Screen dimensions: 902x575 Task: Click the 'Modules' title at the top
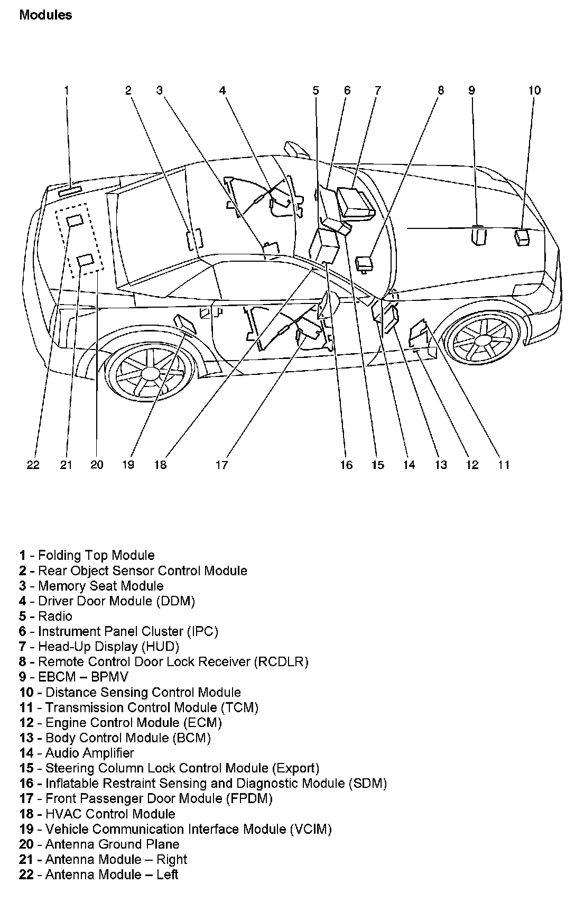pos(45,15)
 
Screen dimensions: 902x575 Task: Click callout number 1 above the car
pos(67,90)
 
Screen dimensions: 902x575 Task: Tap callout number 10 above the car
pos(534,90)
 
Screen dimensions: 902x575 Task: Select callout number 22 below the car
pos(33,465)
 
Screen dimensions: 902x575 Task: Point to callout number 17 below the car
pos(221,465)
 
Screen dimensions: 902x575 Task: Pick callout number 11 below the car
pos(504,465)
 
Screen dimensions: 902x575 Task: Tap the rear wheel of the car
pos(142,372)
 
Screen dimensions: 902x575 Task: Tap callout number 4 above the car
pos(222,90)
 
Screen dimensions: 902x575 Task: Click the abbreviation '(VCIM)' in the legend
pos(310,829)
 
